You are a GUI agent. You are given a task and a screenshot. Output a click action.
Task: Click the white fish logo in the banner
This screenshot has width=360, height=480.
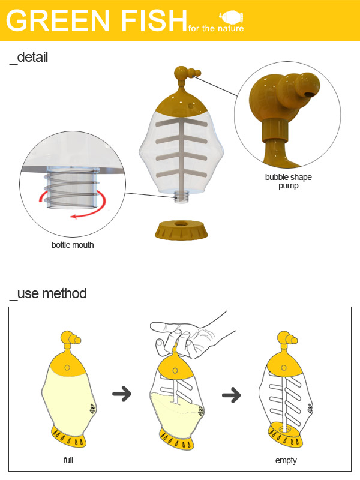click(232, 17)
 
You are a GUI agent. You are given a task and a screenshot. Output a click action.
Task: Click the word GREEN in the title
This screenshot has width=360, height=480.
click(58, 20)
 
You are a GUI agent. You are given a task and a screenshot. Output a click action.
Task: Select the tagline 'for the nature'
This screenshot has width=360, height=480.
click(216, 28)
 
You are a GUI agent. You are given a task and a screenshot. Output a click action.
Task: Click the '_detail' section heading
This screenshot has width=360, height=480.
click(29, 58)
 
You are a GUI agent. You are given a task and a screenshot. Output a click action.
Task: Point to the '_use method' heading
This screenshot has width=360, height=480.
click(48, 293)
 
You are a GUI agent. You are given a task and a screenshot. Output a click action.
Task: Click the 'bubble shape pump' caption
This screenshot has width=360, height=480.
click(289, 181)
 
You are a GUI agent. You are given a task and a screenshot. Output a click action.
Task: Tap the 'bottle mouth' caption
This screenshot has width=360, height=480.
click(73, 245)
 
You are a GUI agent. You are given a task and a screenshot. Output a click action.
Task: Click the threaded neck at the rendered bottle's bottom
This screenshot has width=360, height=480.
click(182, 197)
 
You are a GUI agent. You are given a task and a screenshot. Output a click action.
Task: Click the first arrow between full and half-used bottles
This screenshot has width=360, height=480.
click(122, 394)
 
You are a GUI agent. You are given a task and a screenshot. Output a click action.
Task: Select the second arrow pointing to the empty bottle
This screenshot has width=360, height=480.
click(232, 395)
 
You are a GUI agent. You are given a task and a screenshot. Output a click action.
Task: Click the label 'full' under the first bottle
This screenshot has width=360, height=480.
click(68, 460)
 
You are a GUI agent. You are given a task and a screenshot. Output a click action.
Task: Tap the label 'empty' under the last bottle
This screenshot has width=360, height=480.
click(286, 460)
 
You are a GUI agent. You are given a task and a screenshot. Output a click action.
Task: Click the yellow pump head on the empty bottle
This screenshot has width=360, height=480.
click(287, 339)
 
